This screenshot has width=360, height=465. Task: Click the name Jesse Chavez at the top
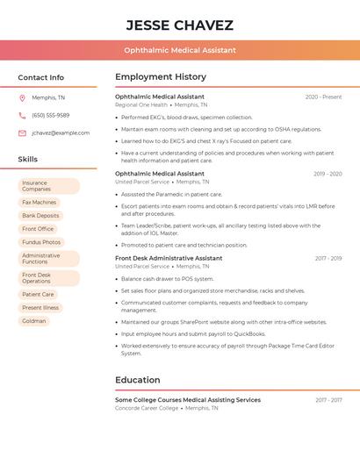click(179, 25)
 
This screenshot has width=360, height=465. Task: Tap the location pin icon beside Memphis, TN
click(22, 97)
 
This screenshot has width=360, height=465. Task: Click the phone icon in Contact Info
click(22, 115)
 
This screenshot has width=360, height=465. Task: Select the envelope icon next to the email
click(22, 132)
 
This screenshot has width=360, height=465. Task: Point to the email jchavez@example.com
click(61, 132)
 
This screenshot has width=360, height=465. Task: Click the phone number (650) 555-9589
click(50, 115)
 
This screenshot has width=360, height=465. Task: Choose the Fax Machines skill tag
click(39, 202)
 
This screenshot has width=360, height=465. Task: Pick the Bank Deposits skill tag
click(40, 215)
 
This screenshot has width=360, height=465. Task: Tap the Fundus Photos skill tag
click(41, 242)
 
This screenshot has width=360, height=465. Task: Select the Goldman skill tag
click(34, 321)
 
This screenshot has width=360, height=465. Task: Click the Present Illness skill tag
click(40, 308)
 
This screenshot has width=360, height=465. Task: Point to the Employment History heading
click(161, 77)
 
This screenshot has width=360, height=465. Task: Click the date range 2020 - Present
click(323, 97)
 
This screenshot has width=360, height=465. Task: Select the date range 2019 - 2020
click(327, 174)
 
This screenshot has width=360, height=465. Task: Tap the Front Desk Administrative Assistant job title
click(169, 259)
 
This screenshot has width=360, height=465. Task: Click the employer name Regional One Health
click(140, 104)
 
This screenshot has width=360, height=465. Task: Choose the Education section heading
click(137, 380)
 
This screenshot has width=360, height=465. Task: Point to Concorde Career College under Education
click(146, 408)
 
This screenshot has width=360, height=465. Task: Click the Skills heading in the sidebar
click(28, 160)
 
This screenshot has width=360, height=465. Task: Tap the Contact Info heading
click(41, 77)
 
